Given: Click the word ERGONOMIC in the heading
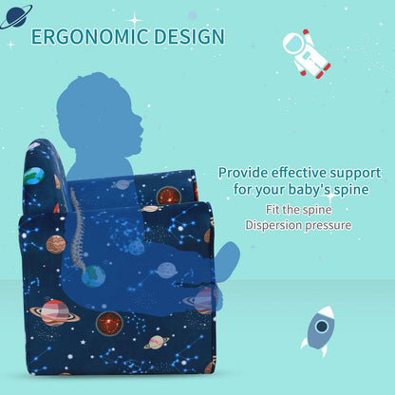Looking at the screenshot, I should tap(91, 37).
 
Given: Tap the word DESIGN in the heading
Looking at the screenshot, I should tap(190, 37).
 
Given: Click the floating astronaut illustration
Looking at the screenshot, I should tap(306, 53).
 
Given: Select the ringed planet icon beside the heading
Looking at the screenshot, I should tap(15, 14).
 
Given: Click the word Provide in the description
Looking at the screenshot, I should tap(244, 173).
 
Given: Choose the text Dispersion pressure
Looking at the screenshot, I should tap(298, 225).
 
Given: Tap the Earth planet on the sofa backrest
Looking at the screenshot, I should tap(34, 177).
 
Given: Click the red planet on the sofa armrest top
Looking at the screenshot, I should tap(169, 196).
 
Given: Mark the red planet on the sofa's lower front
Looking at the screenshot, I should tap(109, 323).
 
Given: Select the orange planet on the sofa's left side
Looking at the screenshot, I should tap(56, 244).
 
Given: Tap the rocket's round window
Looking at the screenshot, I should tap(321, 326).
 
